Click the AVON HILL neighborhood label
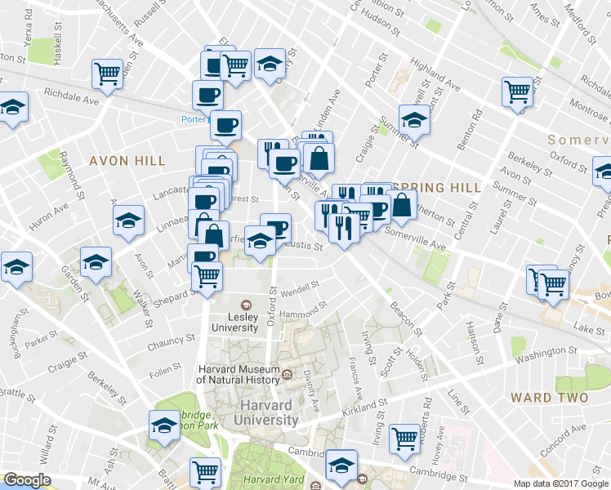[x=119, y=160]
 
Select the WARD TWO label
[x=548, y=398]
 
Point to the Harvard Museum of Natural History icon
[x=288, y=376]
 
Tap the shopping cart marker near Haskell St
[x=108, y=73]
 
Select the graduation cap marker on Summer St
[x=413, y=119]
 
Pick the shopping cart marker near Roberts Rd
[x=404, y=438]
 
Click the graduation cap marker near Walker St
[x=129, y=220]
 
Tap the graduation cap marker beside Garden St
[x=96, y=264]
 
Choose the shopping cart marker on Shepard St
[x=207, y=276]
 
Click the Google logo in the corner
[x=27, y=479]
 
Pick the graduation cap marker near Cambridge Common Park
[x=164, y=425]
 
